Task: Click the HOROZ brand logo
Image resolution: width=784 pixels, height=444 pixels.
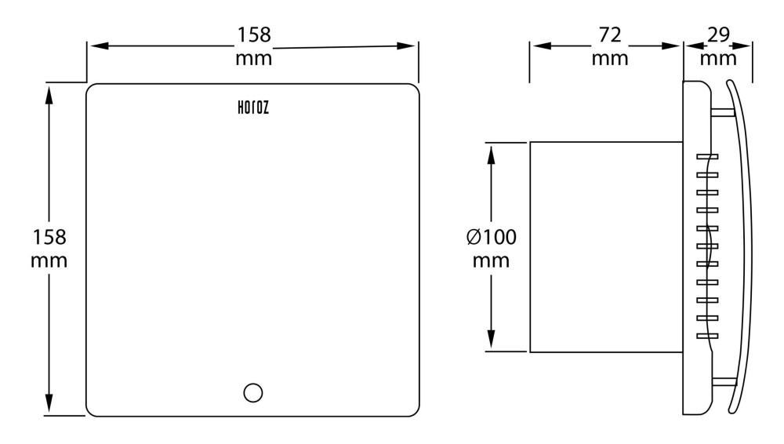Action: (253, 107)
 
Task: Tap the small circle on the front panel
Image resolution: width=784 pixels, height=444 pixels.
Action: (253, 393)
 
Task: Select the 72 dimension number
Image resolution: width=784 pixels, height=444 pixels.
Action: (610, 35)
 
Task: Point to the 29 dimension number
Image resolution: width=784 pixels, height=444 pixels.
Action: (719, 35)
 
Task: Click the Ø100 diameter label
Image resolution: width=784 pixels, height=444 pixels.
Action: (492, 237)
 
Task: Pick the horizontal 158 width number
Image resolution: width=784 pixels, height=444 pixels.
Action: (254, 35)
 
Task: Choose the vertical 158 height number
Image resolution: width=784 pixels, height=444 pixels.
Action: (49, 237)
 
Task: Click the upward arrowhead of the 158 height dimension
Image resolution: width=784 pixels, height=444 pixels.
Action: (49, 95)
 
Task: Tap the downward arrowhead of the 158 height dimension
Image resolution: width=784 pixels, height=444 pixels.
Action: (49, 403)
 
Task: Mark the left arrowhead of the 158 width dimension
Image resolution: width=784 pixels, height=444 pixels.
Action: (100, 46)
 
